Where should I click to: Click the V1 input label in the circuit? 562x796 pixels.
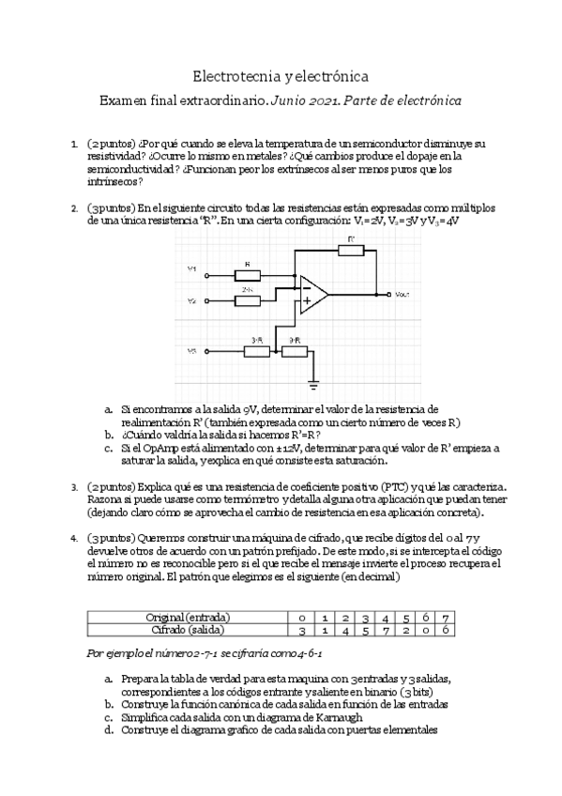coord(191,269)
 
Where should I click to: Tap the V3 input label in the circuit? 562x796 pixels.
coord(191,351)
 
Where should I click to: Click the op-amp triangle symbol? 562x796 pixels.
coord(312,293)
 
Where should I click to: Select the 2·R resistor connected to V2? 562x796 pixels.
coord(248,300)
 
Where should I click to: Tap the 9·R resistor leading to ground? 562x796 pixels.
coord(294,351)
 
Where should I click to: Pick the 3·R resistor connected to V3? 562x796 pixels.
coord(256,351)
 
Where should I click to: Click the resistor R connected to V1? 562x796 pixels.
coord(248,275)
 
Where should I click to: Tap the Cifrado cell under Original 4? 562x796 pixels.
coord(385,629)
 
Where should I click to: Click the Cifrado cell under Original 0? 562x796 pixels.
coord(300,629)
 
